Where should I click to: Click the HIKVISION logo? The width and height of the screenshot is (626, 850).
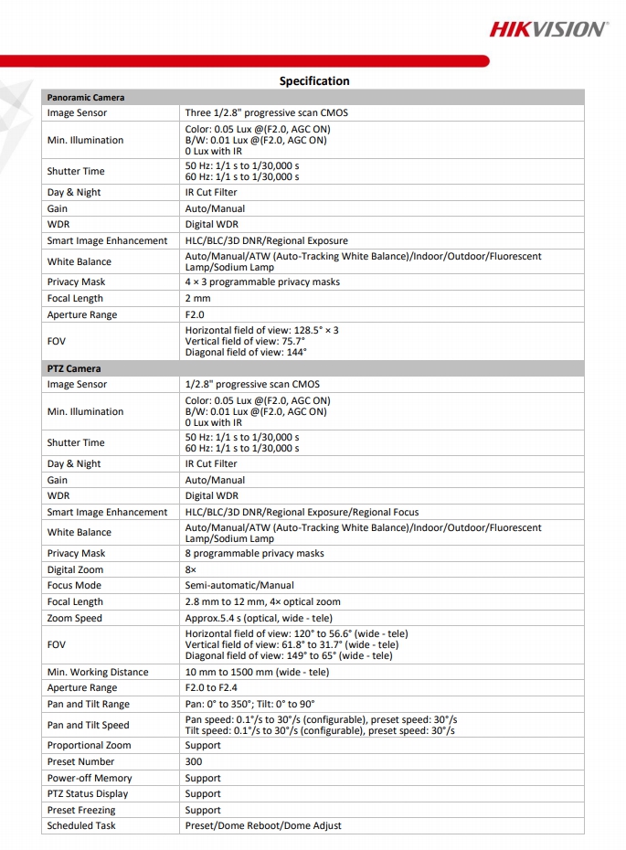547,29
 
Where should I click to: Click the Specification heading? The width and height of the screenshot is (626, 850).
314,80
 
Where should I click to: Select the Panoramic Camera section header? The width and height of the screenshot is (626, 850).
86,97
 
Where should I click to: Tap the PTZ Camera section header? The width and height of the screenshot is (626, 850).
74,368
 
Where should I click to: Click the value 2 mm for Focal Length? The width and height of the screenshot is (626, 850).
198,298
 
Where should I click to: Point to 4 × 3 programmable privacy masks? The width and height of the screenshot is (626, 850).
262,282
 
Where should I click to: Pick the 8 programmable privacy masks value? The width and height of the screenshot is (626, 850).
254,553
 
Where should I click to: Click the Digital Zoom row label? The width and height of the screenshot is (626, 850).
75,569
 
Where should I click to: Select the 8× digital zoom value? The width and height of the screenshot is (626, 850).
191,569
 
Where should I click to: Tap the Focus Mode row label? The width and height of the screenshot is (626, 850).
74,585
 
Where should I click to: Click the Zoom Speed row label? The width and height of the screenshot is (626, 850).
75,618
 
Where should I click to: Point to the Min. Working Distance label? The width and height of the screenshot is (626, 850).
98,672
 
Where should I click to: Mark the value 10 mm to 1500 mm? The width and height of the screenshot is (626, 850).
257,672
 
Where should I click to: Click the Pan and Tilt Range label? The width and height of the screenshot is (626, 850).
89,704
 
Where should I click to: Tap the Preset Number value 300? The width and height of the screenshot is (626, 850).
194,761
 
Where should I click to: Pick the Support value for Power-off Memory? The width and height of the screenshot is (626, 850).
203,778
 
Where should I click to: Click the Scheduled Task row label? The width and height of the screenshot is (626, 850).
81,825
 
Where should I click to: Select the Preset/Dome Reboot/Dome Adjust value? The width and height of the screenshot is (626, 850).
263,825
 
